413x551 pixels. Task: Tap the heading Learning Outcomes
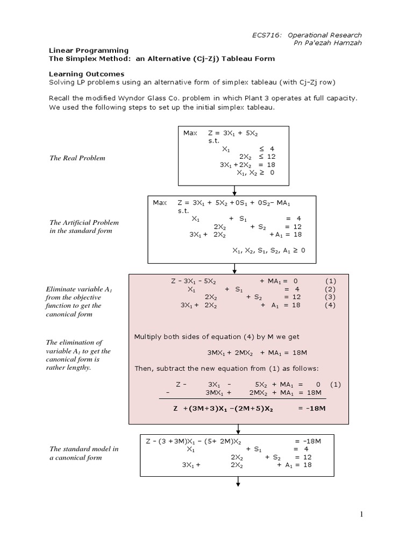[x=87, y=74]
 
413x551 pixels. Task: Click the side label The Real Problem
[x=76, y=158]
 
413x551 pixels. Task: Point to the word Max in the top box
[x=190, y=132]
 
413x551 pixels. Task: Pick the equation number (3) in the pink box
[x=330, y=296]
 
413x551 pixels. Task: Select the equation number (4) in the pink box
[x=330, y=305]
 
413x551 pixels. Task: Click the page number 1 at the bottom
[x=362, y=514]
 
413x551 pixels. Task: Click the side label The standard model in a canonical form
[x=84, y=453]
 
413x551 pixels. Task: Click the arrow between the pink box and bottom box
[x=238, y=429]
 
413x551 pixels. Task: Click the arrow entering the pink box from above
[x=235, y=269]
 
